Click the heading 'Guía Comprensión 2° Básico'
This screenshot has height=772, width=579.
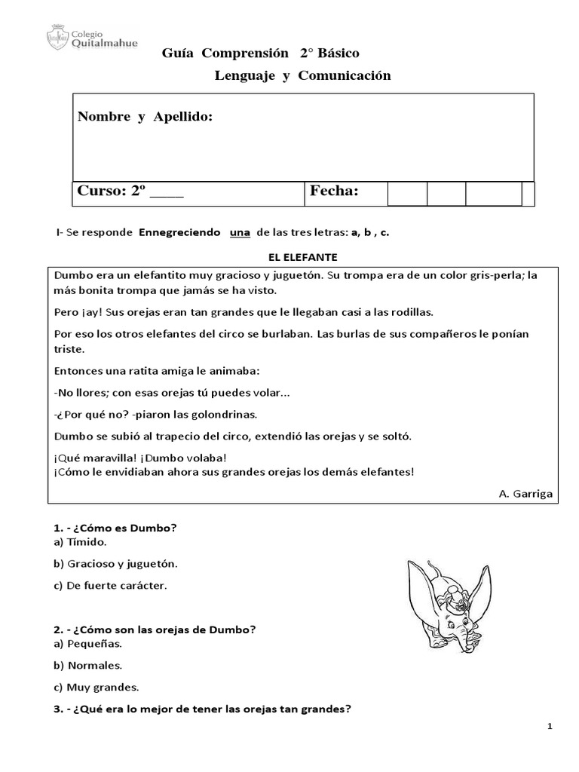coord(261,54)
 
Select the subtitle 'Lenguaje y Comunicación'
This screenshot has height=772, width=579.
coord(302,75)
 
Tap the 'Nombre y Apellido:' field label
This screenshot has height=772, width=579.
coord(146,117)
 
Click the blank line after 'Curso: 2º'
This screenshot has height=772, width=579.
coord(167,193)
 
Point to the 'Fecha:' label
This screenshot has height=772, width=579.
coord(334,192)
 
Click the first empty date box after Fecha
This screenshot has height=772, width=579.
coord(407,194)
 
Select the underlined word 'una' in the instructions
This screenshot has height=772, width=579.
coord(239,233)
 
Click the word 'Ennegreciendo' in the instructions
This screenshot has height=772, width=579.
coord(179,233)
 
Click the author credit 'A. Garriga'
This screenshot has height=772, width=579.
coord(525,493)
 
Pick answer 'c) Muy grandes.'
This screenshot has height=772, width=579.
coord(96,687)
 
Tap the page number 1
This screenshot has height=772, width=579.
coord(551,726)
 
